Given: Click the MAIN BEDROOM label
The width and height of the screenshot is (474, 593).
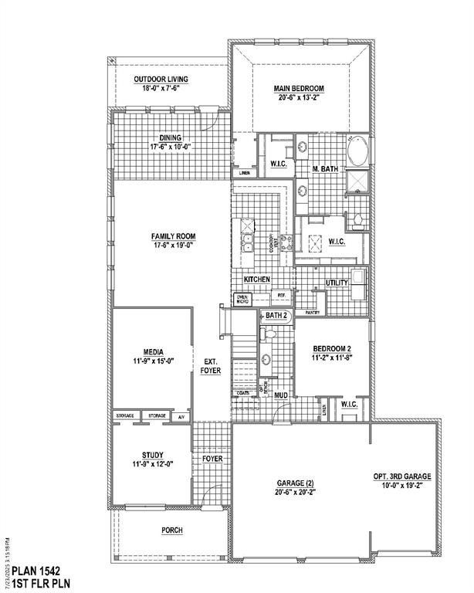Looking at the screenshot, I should pos(298,88).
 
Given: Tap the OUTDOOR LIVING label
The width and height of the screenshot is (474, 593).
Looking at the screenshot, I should pos(161,80).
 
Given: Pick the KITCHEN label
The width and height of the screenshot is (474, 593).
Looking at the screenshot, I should pos(256,279).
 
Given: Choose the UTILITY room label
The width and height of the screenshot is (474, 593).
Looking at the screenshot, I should pos(337,283).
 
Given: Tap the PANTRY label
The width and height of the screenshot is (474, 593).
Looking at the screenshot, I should pos(313,313).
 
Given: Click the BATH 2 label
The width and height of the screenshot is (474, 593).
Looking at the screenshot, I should pos(276,315).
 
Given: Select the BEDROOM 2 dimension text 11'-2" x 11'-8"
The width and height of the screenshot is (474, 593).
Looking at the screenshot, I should pos(332,358).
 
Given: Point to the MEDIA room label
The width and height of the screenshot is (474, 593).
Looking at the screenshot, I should pos(151,351).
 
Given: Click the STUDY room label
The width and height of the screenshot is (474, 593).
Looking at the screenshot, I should pos(152,455).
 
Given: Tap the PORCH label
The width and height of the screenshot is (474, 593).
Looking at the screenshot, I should pos(171,530).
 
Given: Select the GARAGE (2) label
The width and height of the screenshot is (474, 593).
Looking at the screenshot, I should pos(295,483).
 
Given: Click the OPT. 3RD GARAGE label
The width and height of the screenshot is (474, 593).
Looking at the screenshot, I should pos(402,477).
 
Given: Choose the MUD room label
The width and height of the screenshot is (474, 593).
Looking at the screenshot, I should pos(281,395).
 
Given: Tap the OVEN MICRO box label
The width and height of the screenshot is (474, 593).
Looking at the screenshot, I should pos(242,299).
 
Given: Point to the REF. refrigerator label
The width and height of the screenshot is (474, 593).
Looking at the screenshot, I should pos(282,295).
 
